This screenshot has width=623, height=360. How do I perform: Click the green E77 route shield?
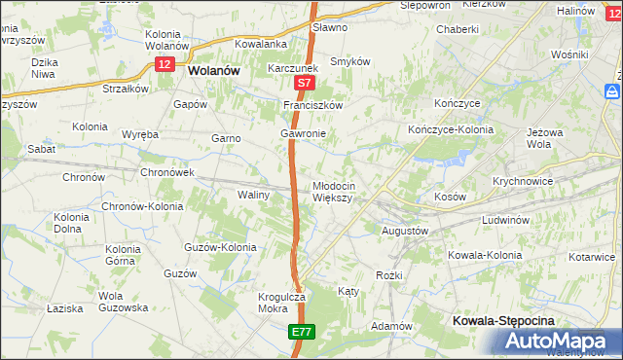[301, 333]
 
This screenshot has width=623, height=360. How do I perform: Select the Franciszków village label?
[312, 104]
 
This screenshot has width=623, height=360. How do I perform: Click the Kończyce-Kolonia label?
[451, 129]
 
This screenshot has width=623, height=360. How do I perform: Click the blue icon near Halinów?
[612, 90]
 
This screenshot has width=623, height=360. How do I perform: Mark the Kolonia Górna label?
[123, 255]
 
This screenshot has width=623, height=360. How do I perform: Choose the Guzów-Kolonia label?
[221, 247]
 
